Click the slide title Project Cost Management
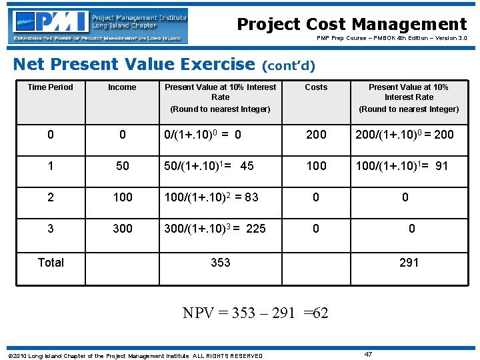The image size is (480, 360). (352, 25)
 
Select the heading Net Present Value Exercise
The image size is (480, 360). (134, 64)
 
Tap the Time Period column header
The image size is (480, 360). (51, 87)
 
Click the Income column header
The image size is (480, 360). (122, 87)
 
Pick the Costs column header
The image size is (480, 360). (316, 87)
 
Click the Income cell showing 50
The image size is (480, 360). (123, 166)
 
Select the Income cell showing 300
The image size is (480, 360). (123, 229)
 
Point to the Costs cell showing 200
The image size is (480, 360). (316, 135)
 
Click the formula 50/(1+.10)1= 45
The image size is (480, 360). (209, 166)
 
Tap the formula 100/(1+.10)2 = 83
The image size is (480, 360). (211, 197)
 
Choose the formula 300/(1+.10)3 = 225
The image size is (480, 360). (215, 229)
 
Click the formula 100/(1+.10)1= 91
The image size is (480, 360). (401, 166)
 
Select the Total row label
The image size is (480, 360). (51, 262)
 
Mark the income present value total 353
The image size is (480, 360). (221, 263)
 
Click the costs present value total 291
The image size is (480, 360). (409, 263)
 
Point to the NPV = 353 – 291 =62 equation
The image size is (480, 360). (255, 313)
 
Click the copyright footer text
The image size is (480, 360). (134, 355)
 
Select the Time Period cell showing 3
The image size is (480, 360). (51, 229)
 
